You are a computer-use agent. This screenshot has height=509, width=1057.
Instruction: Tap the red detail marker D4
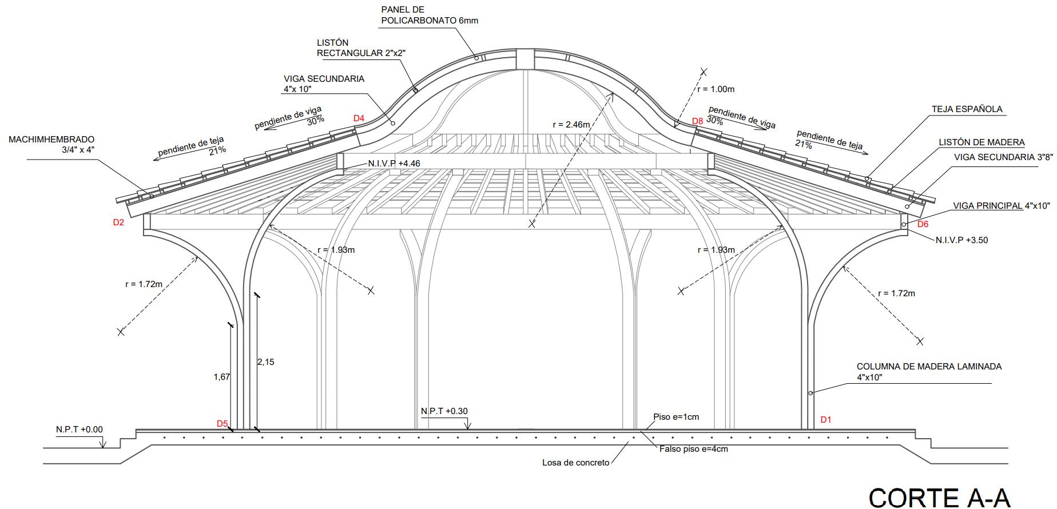359,118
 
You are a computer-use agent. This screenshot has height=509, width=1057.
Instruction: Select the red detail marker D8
697,121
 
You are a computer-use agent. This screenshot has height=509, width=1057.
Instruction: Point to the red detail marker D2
118,222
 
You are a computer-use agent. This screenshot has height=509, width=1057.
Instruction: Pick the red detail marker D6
923,224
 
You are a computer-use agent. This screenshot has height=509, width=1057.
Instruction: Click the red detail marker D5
222,424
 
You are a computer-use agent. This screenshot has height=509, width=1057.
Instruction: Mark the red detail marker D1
825,420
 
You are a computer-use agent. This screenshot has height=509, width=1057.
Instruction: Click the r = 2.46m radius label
571,124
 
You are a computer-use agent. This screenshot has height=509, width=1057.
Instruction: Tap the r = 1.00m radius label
716,89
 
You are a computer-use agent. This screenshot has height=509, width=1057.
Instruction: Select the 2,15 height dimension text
265,361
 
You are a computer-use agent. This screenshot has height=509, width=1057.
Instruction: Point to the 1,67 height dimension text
221,376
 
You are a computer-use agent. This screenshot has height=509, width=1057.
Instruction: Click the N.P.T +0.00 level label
80,430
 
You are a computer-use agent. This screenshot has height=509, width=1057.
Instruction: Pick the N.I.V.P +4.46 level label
394,164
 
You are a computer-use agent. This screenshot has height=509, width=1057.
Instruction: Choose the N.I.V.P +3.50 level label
961,240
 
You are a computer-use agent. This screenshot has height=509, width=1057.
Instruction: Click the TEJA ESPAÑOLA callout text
967,109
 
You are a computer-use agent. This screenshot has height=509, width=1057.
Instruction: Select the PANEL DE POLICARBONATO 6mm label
429,15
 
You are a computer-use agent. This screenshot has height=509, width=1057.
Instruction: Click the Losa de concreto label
575,463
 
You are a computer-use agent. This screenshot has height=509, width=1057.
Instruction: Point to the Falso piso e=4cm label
693,449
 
